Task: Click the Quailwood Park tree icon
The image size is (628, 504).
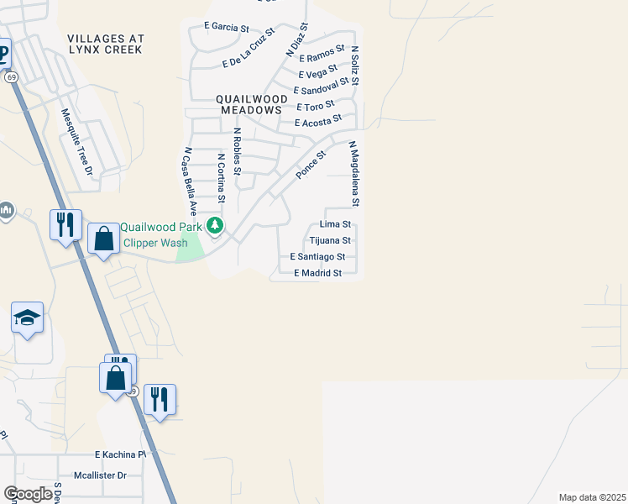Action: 216,225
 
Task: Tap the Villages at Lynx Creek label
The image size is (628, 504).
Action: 106,45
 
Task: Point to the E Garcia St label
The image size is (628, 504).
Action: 227,27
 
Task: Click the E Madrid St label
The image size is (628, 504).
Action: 317,273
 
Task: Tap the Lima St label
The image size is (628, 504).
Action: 335,224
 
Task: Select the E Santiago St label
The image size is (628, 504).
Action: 317,256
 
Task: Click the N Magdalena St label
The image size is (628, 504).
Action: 354,174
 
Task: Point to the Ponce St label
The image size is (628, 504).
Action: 310,165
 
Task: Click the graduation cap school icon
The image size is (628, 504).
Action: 27,318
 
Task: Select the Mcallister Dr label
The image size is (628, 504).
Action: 99,475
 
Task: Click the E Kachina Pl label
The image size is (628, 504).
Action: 120,454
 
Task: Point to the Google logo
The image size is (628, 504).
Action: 28,494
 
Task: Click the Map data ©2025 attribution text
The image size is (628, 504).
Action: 592,497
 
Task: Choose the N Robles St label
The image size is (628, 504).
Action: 238,151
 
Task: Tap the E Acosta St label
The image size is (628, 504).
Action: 318,121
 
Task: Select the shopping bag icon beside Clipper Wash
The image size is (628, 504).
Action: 103,239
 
